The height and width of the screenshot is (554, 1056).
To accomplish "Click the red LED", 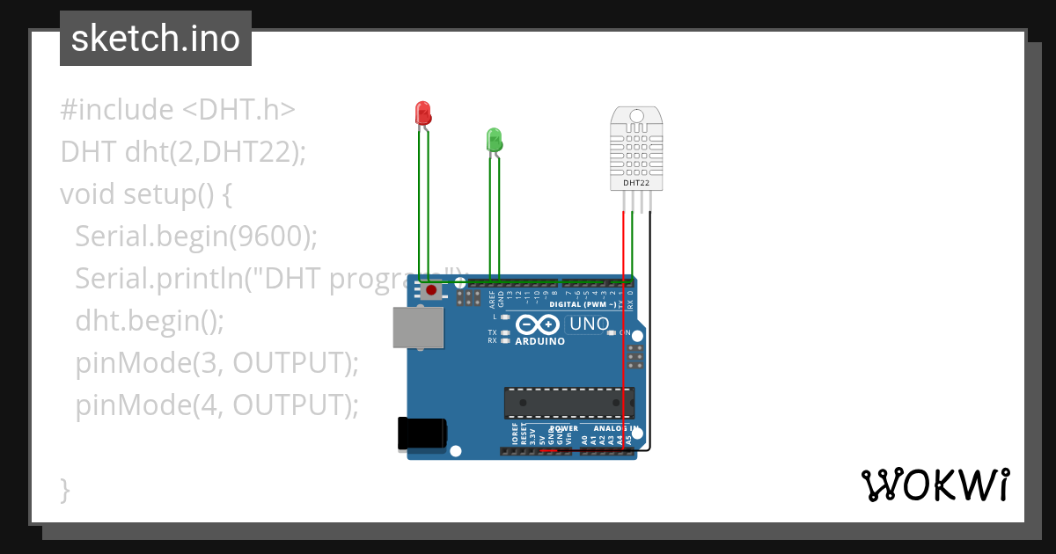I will click(422, 113).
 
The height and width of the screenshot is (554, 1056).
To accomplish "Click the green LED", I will click(494, 139).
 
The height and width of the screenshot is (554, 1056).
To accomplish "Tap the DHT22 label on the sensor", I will click(636, 184).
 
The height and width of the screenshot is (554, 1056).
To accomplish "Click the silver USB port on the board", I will click(417, 328).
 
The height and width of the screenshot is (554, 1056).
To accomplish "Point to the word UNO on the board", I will click(589, 324).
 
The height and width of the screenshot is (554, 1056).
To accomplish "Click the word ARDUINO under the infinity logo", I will click(540, 341).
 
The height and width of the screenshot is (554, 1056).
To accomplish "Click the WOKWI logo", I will click(935, 485).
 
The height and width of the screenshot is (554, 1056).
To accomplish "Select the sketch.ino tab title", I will click(156, 39).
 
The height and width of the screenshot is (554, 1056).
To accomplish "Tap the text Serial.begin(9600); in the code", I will click(195, 236).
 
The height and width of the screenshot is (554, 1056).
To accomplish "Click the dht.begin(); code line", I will click(150, 320).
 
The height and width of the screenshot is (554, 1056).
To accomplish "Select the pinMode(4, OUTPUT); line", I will click(216, 405).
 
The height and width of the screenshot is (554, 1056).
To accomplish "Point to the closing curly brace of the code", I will click(65, 489).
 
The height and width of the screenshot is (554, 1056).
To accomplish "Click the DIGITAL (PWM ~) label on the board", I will click(583, 304).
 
